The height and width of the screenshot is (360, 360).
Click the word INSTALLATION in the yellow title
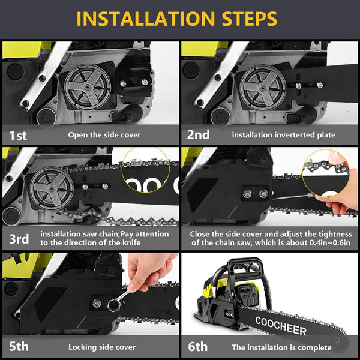146,19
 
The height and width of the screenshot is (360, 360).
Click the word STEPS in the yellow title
250,19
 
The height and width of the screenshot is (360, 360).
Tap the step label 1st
18,135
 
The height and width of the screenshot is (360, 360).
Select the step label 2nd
198,135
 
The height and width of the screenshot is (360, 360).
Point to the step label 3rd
19,239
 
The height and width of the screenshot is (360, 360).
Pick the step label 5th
19,346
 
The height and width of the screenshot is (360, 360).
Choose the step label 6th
197,346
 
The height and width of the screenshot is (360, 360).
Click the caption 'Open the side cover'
104,135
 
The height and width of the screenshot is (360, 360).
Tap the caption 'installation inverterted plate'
284,135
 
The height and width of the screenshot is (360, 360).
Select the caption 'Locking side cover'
102,347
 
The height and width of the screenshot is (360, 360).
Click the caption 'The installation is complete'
282,347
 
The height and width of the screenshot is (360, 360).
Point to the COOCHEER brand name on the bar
281,326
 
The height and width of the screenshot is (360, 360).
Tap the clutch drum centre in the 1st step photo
88,87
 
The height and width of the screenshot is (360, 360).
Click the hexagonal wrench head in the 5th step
114,304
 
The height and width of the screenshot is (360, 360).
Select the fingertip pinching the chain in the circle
335,158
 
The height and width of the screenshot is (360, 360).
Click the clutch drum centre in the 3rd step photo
52,189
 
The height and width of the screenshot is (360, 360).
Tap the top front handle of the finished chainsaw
247,263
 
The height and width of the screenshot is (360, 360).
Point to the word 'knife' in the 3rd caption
131,242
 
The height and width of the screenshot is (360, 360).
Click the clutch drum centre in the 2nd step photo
263,88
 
